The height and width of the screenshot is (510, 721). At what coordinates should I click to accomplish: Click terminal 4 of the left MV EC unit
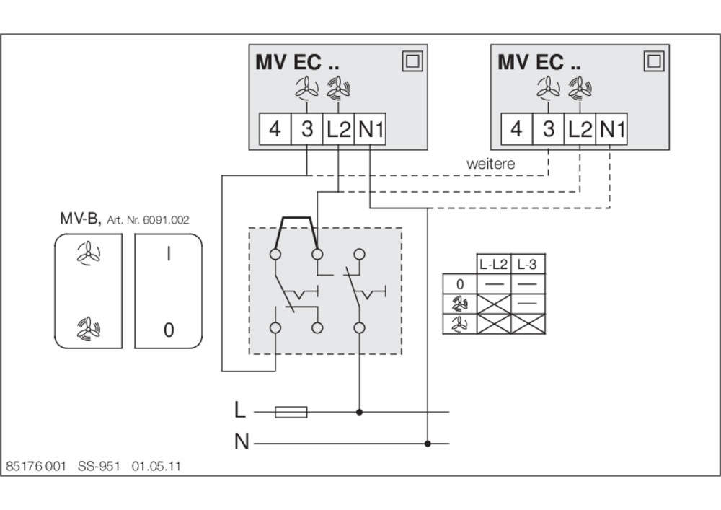click(x=275, y=129)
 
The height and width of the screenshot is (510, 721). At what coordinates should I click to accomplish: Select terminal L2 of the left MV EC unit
click(x=338, y=129)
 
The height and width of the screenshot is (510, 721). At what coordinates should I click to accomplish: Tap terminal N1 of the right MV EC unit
click(x=611, y=129)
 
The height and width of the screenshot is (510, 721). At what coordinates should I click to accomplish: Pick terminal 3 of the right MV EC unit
click(x=548, y=129)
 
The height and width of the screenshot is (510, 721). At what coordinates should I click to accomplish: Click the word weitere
click(x=490, y=164)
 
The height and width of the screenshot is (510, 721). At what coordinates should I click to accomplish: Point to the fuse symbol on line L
click(x=291, y=412)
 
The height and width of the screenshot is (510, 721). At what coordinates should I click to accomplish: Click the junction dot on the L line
click(x=360, y=412)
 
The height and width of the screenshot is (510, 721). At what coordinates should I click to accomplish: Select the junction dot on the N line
click(x=428, y=444)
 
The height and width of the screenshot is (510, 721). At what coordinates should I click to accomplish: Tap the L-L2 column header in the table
click(x=493, y=265)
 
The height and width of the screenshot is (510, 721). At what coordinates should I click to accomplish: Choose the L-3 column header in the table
click(x=528, y=265)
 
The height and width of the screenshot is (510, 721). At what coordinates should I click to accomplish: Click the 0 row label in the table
click(x=460, y=284)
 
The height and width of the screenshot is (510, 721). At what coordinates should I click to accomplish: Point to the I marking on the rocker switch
click(x=169, y=253)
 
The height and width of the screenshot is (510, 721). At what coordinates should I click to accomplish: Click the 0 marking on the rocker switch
click(x=169, y=330)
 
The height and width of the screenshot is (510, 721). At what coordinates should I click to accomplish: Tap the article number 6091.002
click(x=166, y=220)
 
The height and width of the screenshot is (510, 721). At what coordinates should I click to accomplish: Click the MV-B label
click(x=79, y=218)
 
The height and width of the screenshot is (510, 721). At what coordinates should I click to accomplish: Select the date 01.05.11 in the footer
click(x=156, y=466)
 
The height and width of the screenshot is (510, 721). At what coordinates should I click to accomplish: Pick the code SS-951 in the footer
click(x=99, y=466)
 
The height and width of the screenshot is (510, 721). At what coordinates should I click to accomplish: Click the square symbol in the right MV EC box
click(x=654, y=61)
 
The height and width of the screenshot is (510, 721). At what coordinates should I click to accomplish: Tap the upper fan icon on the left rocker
click(x=88, y=253)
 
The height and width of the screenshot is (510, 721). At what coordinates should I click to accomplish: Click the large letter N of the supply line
click(x=242, y=441)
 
